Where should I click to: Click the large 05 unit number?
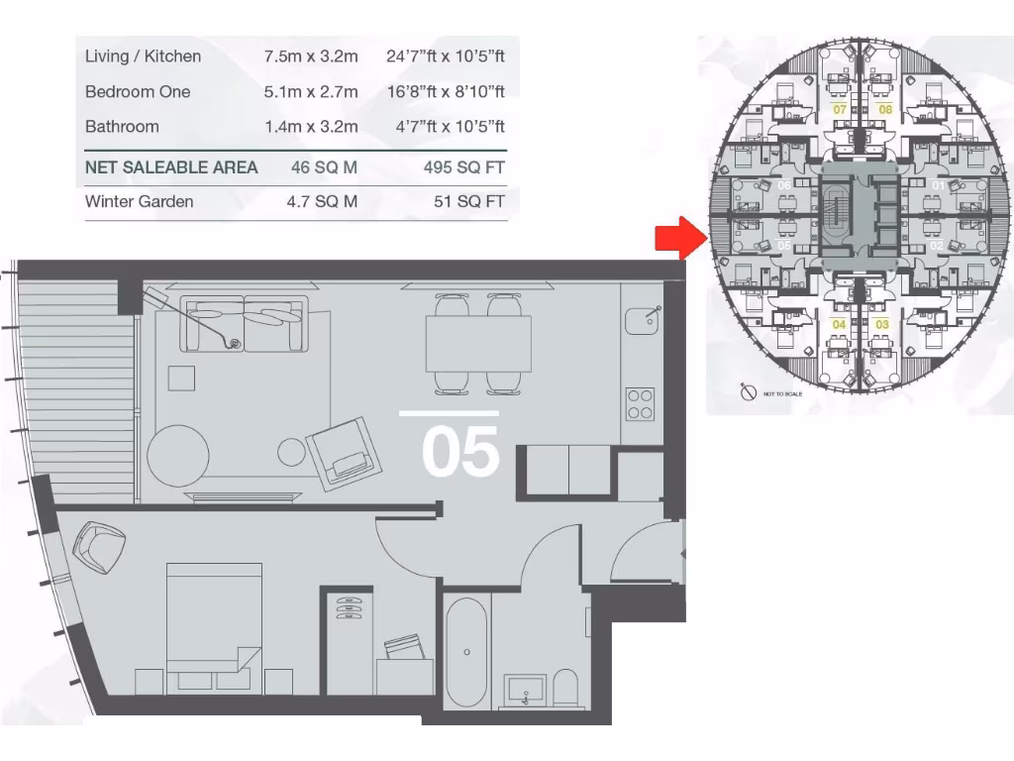[459, 452]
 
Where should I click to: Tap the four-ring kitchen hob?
[640, 403]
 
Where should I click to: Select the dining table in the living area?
[478, 342]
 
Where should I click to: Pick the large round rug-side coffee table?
[178, 454]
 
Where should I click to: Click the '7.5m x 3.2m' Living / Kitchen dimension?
[310, 56]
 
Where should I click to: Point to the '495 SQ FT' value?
[463, 167]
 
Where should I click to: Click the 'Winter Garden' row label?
[139, 201]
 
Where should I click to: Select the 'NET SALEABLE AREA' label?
[171, 167]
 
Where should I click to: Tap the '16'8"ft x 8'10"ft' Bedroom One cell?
[445, 91]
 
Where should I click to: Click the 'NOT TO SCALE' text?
[781, 394]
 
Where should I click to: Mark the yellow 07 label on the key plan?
[839, 109]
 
